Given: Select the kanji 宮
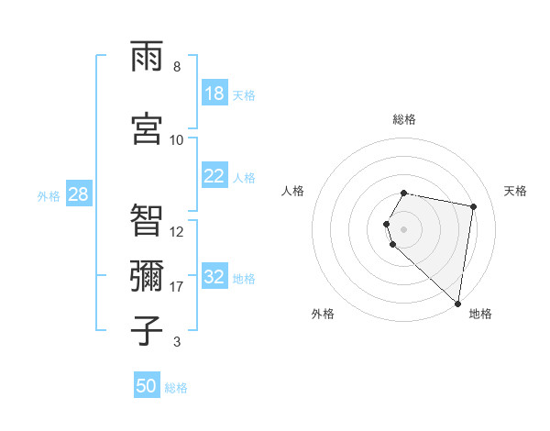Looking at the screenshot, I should point(147,129).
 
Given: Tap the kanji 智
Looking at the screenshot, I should point(147,221).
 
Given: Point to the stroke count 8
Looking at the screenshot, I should point(177,67).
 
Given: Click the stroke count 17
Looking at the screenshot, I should point(177,287).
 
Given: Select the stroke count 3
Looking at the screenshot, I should point(177,342).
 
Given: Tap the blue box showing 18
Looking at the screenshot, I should point(214,94).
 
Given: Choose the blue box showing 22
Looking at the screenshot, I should point(214,177).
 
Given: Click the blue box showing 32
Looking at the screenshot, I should point(214,278).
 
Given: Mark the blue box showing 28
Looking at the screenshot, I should point(78,194).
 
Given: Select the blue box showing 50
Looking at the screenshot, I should point(147,386).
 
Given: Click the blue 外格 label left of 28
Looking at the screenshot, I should point(49,195).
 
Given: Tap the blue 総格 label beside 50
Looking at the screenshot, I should point(176,388).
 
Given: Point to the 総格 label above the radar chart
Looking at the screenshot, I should point(403,119).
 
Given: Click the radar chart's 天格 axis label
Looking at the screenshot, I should point(515,191).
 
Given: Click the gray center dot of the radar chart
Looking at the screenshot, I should point(403,228).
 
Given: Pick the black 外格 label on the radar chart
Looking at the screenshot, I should point(323,314).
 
